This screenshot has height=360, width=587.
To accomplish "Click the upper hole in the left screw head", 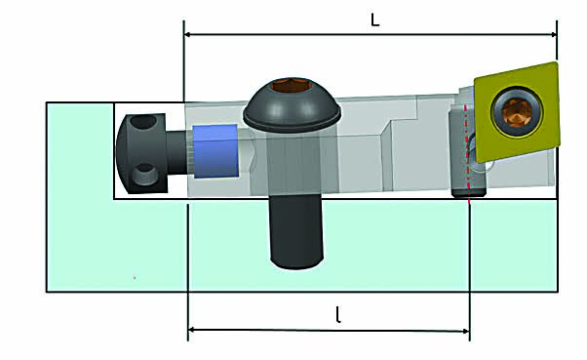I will (x=144, y=125).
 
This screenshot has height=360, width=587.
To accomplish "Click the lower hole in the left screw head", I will (x=144, y=175).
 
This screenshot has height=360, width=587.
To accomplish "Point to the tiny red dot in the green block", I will (x=135, y=278).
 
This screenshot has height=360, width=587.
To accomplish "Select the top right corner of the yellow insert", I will (x=556, y=64).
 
